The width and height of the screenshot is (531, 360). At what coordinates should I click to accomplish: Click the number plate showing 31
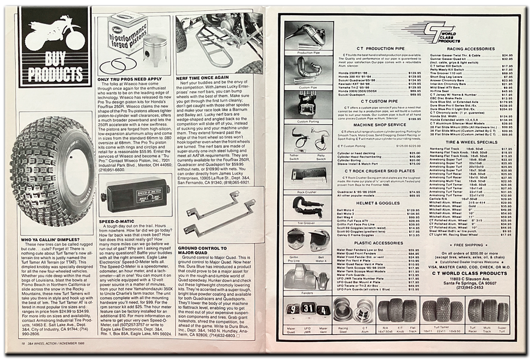pyautogui.click(x=307, y=310)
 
